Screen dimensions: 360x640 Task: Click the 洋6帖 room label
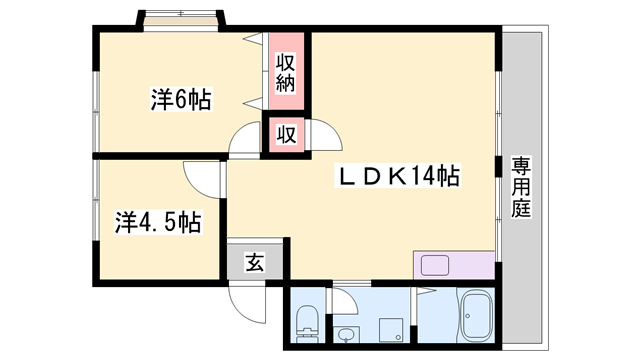tap(180, 99)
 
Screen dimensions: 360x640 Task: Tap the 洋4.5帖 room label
tap(157, 221)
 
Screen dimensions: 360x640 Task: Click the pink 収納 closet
tap(286, 72)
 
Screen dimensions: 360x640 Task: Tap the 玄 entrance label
tap(255, 263)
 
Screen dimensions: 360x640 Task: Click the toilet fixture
tap(307, 323)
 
